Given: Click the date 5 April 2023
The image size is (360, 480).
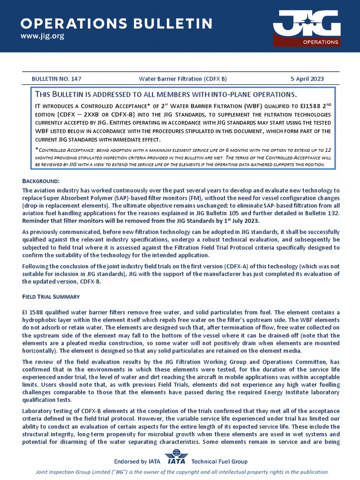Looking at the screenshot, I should pyautogui.click(x=307, y=79).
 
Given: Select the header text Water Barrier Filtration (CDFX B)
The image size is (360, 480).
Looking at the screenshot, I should pyautogui.click(x=183, y=79).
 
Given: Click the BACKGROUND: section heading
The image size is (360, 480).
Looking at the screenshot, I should pyautogui.click(x=41, y=181).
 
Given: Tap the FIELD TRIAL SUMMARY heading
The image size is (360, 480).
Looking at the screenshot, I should pyautogui.click(x=51, y=297).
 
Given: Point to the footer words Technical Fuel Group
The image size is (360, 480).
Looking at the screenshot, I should pyautogui.click(x=219, y=462).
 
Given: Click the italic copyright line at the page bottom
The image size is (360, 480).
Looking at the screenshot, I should pyautogui.click(x=182, y=472).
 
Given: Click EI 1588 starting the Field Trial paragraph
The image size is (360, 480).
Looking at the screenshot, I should pyautogui.click(x=33, y=312).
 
